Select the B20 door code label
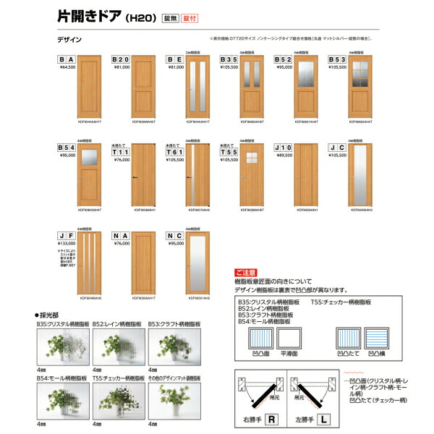click(121, 59)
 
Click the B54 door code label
click(67, 148)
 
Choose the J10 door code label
click(284, 148)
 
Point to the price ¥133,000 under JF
click(67, 244)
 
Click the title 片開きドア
click(86, 15)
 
